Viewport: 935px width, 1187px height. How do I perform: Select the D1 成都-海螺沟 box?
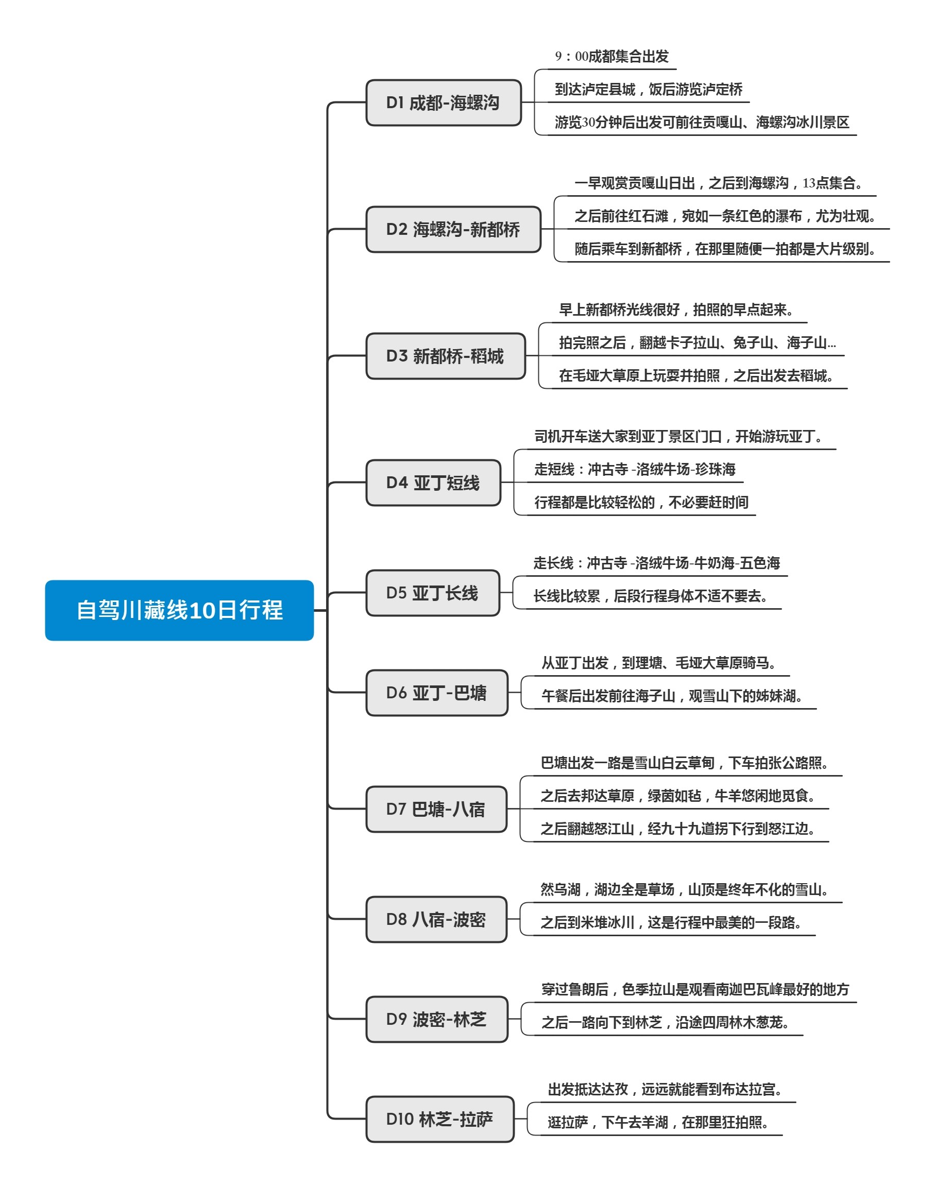click(444, 103)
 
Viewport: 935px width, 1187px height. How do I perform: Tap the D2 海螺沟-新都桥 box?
click(453, 229)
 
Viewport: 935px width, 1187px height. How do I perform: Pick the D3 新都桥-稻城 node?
click(446, 356)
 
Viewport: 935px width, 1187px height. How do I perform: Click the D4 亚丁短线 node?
click(433, 483)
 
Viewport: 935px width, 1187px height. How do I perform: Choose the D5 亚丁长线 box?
click(432, 593)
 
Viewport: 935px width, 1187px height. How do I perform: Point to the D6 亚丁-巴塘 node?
click(437, 693)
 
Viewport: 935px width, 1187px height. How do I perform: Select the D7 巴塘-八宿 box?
click(436, 810)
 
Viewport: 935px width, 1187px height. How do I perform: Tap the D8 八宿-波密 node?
click(436, 919)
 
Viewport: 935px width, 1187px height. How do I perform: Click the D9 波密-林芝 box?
click(437, 1020)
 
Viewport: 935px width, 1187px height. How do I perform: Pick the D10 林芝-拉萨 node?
click(439, 1119)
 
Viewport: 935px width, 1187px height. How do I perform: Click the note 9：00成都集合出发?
click(611, 56)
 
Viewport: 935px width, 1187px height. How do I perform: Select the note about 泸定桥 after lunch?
click(648, 89)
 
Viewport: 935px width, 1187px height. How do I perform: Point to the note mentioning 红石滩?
click(725, 216)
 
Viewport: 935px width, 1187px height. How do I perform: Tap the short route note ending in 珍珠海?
click(635, 469)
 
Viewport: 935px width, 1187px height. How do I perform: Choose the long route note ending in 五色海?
click(656, 563)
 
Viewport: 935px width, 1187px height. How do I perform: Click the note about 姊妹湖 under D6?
click(672, 696)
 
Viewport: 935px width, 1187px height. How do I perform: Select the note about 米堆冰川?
click(671, 923)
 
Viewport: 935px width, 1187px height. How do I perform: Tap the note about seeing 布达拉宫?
click(665, 1089)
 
